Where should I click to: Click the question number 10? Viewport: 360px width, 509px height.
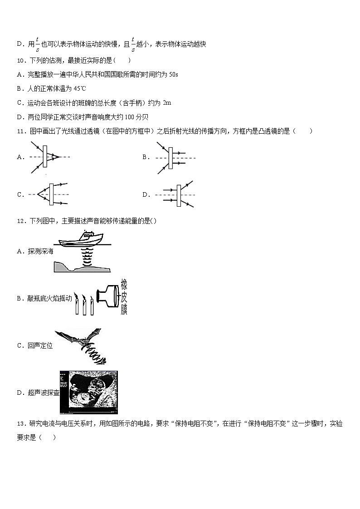pyautogui.click(x=21, y=60)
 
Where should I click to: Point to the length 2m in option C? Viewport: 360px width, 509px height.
pyautogui.click(x=166, y=103)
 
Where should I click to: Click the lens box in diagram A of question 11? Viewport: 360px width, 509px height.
pyautogui.click(x=46, y=157)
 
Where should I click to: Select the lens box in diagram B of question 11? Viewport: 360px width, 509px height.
pyautogui.click(x=170, y=158)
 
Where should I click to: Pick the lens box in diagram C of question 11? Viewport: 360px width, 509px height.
pyautogui.click(x=52, y=194)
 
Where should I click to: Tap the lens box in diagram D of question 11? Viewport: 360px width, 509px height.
pyautogui.click(x=179, y=195)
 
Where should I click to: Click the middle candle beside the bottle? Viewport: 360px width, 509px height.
pyautogui.click(x=84, y=305)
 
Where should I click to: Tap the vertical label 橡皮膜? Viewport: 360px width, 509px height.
pyautogui.click(x=124, y=298)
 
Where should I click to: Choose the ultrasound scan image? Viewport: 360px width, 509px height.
pyautogui.click(x=89, y=393)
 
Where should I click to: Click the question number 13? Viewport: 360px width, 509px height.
pyautogui.click(x=21, y=424)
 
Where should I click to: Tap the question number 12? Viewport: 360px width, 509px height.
pyautogui.click(x=21, y=221)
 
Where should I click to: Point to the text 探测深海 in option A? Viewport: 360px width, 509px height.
pyautogui.click(x=40, y=251)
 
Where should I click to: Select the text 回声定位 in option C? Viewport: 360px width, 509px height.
pyautogui.click(x=40, y=346)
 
